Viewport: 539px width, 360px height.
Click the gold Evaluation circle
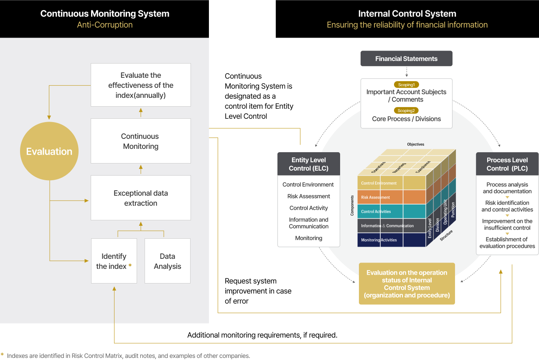pyautogui.click(x=49, y=151)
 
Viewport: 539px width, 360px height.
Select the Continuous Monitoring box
pyautogui.click(x=140, y=141)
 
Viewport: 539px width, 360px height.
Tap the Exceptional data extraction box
pyautogui.click(x=140, y=198)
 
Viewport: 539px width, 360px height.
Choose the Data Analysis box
pyautogui.click(x=167, y=261)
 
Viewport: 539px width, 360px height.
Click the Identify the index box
pyautogui.click(x=114, y=261)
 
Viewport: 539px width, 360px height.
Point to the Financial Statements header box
pyautogui.click(x=406, y=59)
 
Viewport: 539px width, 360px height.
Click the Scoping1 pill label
pyautogui.click(x=406, y=84)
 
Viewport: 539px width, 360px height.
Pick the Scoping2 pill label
pyautogui.click(x=406, y=111)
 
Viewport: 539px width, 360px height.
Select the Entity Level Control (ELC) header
pyautogui.click(x=308, y=164)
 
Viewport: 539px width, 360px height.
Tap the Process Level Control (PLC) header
pyautogui.click(x=507, y=164)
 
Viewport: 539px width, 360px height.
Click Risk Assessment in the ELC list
pyautogui.click(x=308, y=196)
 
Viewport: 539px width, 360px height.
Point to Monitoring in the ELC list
pyautogui.click(x=308, y=238)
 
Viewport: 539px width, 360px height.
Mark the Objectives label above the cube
pyautogui.click(x=415, y=144)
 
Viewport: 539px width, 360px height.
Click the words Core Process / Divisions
pyautogui.click(x=406, y=119)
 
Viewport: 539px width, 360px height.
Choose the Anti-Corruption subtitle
pyautogui.click(x=104, y=25)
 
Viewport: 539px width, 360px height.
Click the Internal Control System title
pyautogui.click(x=407, y=13)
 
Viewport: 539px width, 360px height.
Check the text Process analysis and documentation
pyautogui.click(x=507, y=188)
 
